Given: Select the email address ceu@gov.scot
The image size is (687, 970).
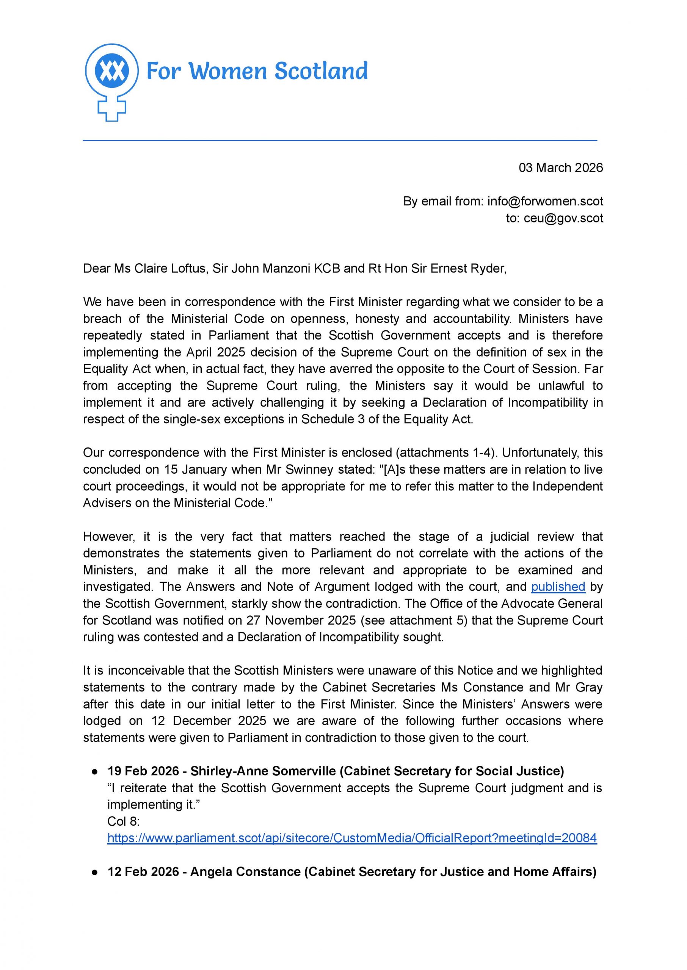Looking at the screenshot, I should click(x=563, y=218).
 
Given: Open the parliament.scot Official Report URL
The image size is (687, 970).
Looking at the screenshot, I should click(x=352, y=838).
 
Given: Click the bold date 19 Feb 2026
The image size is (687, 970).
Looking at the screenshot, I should click(x=143, y=771).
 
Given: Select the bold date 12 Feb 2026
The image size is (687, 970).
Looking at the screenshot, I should click(x=143, y=871).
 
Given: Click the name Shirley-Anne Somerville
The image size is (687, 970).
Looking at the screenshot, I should click(x=263, y=771).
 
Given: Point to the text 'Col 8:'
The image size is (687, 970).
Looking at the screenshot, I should click(x=124, y=821).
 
